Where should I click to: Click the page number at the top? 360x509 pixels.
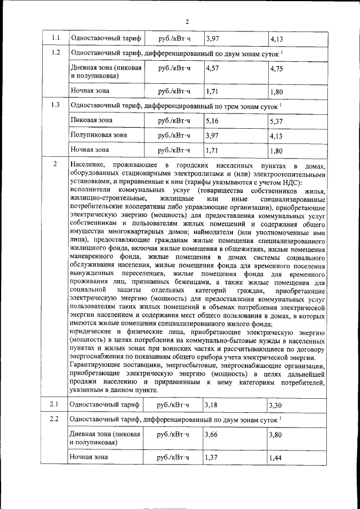pos(187,22)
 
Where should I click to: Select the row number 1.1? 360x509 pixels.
pos(55,38)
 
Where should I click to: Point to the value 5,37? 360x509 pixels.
pos(277,121)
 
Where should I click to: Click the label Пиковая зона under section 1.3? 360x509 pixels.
pos(91,120)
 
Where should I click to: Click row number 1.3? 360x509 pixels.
pos(55,105)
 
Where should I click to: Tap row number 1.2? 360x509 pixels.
pos(55,53)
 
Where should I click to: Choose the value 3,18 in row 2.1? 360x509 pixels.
pos(212,405)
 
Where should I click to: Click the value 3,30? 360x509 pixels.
pos(276,406)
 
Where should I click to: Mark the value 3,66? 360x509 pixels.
pos(212,435)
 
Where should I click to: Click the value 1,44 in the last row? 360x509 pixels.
pos(276,458)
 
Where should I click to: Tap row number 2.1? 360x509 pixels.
pos(55,404)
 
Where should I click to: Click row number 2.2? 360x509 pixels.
pos(55,419)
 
